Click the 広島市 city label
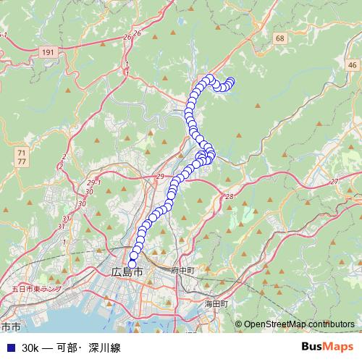[x=127, y=272]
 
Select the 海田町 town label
[x=216, y=304]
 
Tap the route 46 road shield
[x=351, y=66]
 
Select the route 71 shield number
[x=22, y=153]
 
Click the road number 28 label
[x=230, y=197]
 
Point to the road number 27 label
[x=334, y=181]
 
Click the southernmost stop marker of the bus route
[x=132, y=264]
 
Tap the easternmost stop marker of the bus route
[x=231, y=82]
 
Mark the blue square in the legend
[x=9, y=348]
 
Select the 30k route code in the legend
[x=30, y=348]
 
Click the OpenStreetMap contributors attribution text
[x=298, y=324]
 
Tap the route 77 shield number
[x=22, y=163]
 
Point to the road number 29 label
[x=160, y=177]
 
